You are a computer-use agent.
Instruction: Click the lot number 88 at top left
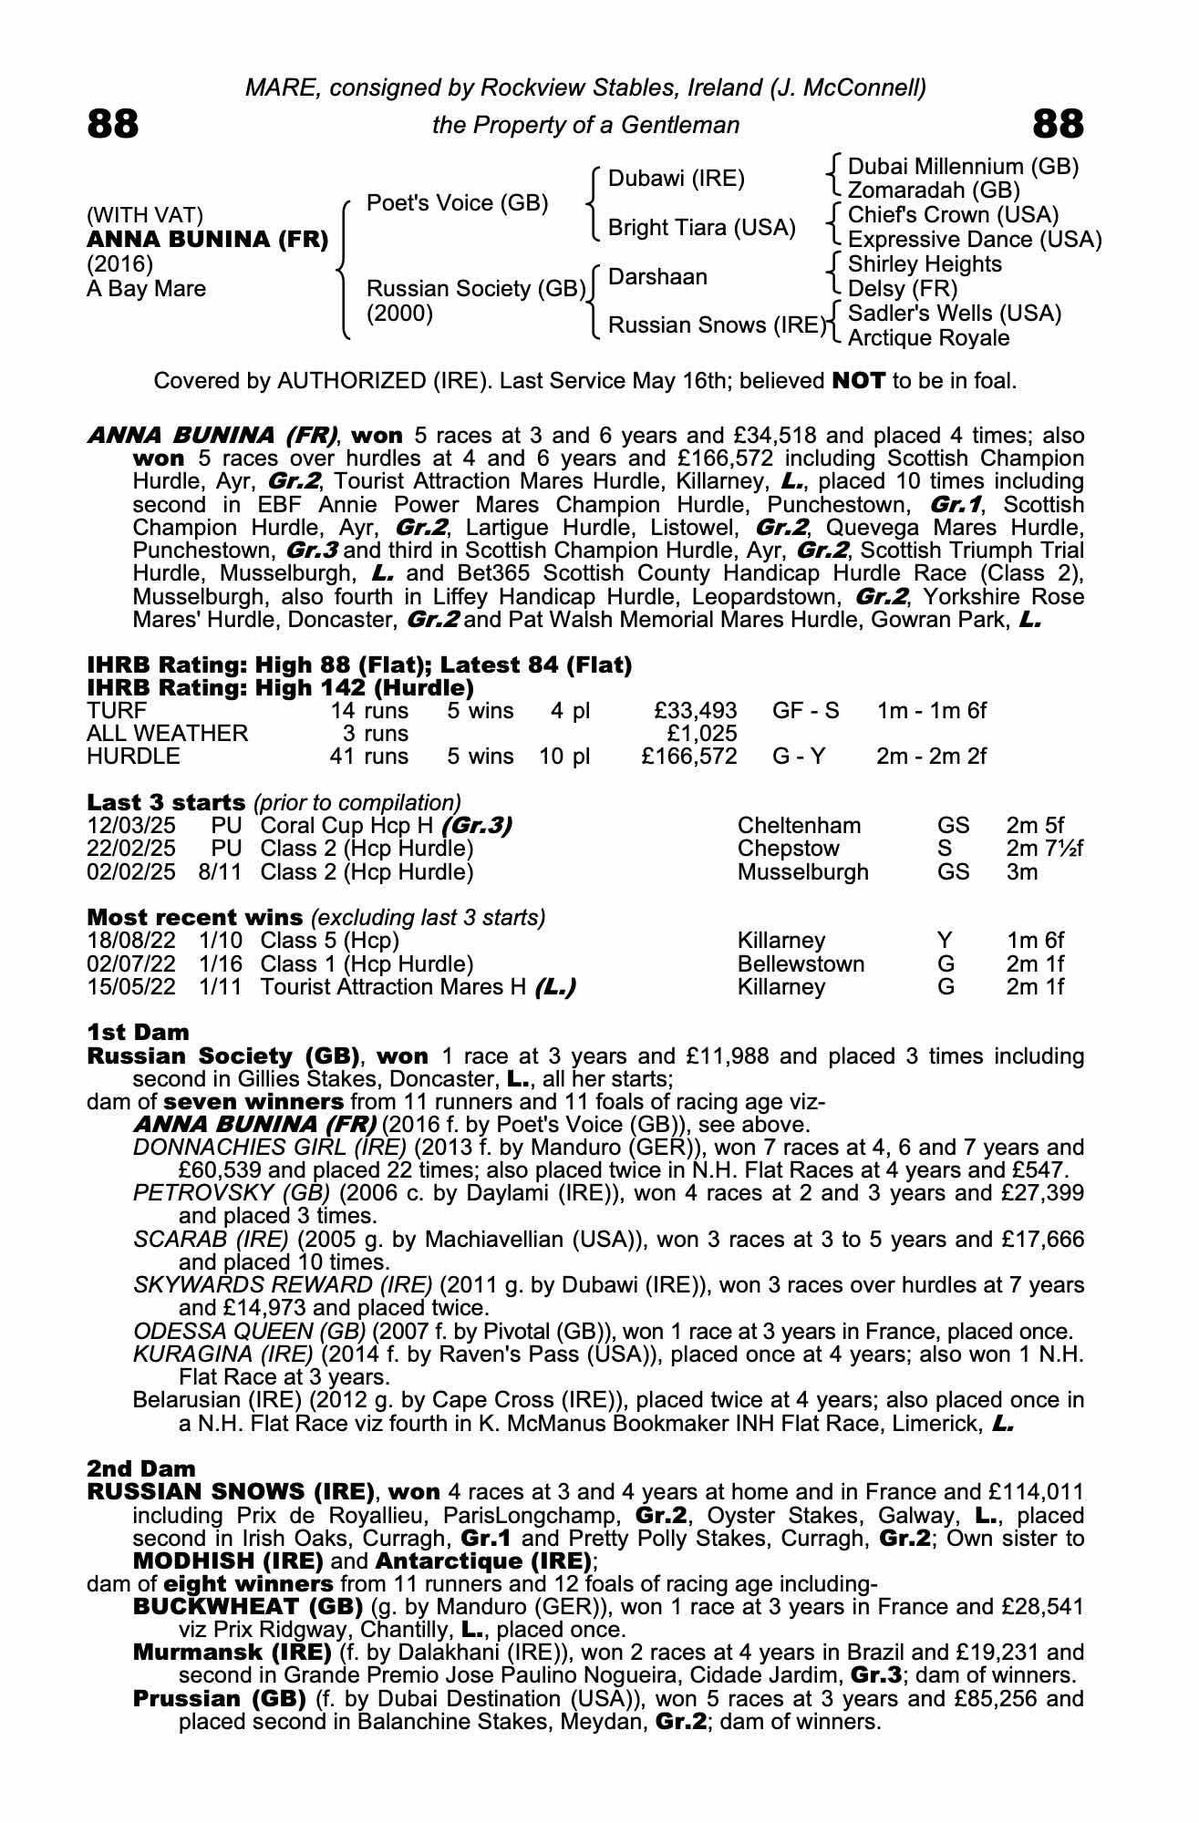(x=113, y=124)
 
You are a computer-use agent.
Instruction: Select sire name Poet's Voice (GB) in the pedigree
(x=457, y=202)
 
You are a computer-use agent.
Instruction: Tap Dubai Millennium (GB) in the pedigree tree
(x=963, y=167)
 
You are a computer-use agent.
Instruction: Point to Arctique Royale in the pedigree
(x=928, y=338)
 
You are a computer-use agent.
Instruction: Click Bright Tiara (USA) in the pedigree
(x=701, y=228)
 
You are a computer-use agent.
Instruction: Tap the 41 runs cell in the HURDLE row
(x=369, y=756)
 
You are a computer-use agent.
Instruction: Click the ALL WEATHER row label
(x=167, y=733)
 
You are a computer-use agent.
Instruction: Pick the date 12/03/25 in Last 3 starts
(x=131, y=826)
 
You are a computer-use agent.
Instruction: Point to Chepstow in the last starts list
(x=788, y=849)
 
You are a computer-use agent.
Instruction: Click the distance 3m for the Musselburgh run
(x=1022, y=871)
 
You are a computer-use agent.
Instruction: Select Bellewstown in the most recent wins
(x=801, y=963)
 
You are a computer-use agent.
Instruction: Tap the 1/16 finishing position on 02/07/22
(x=220, y=963)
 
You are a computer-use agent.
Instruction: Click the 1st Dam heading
(x=138, y=1032)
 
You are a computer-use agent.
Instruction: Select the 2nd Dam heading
(x=141, y=1468)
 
